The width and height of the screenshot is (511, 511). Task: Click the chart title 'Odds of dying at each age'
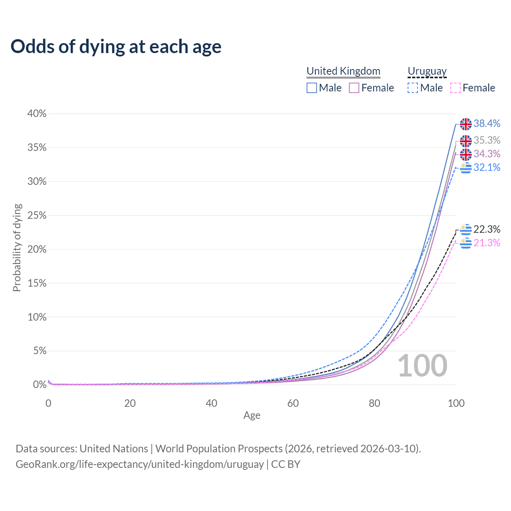click(x=116, y=47)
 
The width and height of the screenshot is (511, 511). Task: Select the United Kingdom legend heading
click(x=343, y=71)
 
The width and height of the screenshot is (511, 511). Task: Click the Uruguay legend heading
click(x=427, y=71)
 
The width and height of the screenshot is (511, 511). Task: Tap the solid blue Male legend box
click(x=312, y=88)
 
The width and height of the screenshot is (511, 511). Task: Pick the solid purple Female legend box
click(x=354, y=88)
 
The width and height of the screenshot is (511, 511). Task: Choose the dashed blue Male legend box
click(x=413, y=88)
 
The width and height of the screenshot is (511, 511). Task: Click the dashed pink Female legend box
click(x=456, y=88)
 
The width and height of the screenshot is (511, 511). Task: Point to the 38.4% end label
click(x=487, y=124)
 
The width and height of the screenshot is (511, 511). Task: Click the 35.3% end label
click(x=487, y=141)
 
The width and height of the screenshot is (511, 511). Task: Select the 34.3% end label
click(x=487, y=154)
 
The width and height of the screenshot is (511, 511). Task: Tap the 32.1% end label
click(x=487, y=168)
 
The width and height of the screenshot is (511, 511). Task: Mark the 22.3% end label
click(x=487, y=230)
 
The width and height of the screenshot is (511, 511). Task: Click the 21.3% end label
click(x=487, y=243)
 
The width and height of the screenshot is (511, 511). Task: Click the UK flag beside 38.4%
click(x=465, y=124)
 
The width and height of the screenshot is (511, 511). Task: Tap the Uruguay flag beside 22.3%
click(x=465, y=230)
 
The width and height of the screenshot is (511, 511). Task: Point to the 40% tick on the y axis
click(x=37, y=114)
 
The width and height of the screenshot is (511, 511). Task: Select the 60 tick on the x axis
click(x=293, y=403)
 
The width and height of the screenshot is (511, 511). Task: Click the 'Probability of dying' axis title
click(x=17, y=248)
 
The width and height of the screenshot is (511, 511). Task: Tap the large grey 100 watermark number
click(x=422, y=366)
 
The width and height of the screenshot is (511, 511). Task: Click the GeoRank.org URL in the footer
click(x=139, y=464)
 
